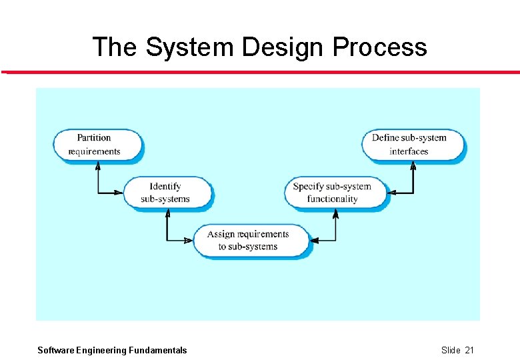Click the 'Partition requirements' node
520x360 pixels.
tap(97, 145)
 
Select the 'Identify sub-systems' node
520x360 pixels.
tap(166, 192)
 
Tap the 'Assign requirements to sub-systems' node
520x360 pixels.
tap(250, 240)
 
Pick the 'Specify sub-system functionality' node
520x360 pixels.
tap(335, 192)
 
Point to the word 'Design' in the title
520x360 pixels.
tap(283, 47)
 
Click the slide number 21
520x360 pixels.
tap(469, 350)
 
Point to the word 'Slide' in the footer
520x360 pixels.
tap(451, 350)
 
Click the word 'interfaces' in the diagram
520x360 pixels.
tap(409, 151)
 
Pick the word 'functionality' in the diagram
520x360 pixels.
tap(333, 199)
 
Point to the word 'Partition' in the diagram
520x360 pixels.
tap(94, 137)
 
